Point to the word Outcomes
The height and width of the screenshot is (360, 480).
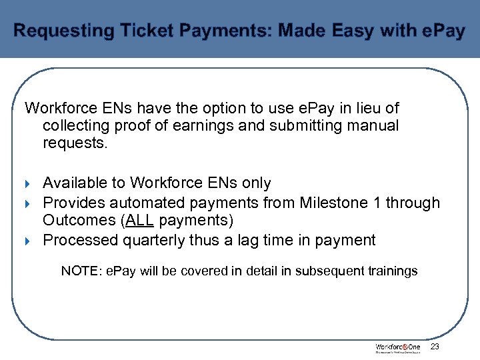[79, 220]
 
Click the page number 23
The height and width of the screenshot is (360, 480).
[435, 347]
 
